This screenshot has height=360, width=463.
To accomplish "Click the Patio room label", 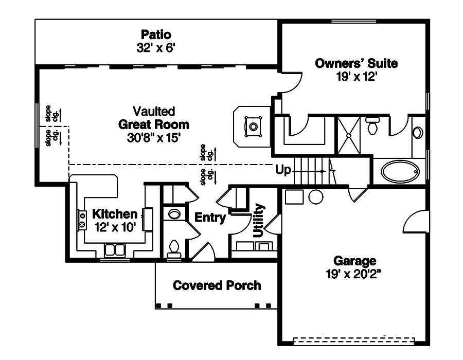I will pyautogui.click(x=156, y=35).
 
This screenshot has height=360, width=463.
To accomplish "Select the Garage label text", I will pyautogui.click(x=354, y=261).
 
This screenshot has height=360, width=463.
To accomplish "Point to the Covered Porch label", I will pyautogui.click(x=217, y=285).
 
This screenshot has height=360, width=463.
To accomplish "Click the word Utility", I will pyautogui.click(x=259, y=220).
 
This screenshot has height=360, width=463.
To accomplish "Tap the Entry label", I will pyautogui.click(x=210, y=218).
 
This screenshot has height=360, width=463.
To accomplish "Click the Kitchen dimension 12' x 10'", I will pyautogui.click(x=115, y=227).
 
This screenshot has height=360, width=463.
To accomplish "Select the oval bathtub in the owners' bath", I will pyautogui.click(x=400, y=172).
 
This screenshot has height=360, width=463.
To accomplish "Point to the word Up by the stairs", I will pyautogui.click(x=283, y=170).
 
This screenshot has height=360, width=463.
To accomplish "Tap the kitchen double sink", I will pyautogui.click(x=115, y=250).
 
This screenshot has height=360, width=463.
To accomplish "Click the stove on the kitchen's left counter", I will pyautogui.click(x=82, y=221).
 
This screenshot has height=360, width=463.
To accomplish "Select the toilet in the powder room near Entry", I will pyautogui.click(x=174, y=249).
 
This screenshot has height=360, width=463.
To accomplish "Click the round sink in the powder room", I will pyautogui.click(x=174, y=214).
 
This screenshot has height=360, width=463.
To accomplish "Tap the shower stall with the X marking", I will pyautogui.click(x=348, y=135).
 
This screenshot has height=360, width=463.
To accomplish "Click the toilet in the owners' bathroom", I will pyautogui.click(x=372, y=124).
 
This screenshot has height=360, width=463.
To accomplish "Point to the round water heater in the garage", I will pyautogui.click(x=315, y=197).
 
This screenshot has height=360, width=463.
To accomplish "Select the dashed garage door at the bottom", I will pyautogui.click(x=353, y=341).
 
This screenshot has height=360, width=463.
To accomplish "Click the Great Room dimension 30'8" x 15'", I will pyautogui.click(x=154, y=137).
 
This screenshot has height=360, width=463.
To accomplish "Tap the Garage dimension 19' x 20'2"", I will pyautogui.click(x=354, y=274).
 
